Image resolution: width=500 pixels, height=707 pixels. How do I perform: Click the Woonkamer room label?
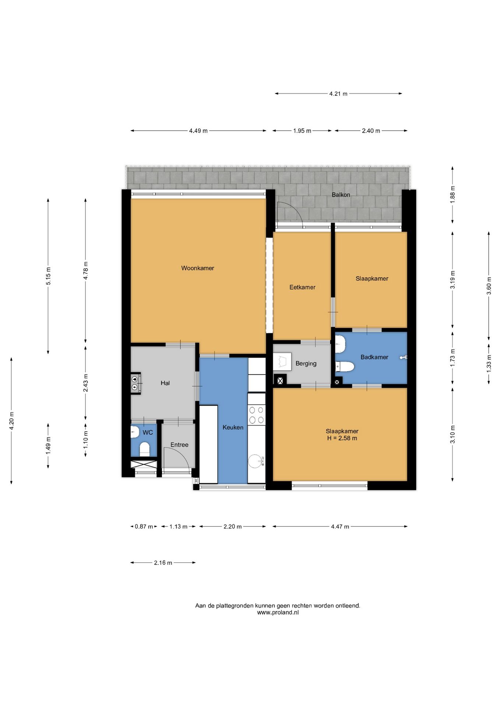tap(197, 268)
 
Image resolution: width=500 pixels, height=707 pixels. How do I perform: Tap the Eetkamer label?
tap(302, 287)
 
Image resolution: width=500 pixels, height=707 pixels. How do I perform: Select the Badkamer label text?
tap(374, 357)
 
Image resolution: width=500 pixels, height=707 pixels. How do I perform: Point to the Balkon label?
tap(341, 194)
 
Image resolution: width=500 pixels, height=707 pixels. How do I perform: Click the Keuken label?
tap(233, 427)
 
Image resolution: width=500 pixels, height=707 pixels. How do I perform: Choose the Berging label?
tap(306, 363)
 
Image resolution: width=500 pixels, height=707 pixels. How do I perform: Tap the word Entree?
tap(179, 445)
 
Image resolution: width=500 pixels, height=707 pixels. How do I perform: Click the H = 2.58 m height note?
tap(342, 438)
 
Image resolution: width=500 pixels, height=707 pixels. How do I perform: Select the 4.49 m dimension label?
tap(198, 131)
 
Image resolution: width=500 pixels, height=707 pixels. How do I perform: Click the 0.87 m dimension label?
tap(144, 527)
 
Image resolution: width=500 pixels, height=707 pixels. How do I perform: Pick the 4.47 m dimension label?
tap(340, 527)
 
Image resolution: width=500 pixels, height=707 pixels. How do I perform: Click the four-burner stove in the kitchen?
tap(257, 415)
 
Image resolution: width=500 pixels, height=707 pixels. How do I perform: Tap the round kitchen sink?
tap(256, 461)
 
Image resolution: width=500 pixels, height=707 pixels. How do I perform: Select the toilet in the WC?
tap(144, 449)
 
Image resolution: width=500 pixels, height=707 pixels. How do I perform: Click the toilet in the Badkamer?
tap(345, 366)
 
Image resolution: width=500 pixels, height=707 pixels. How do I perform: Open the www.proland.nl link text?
tap(278, 612)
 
